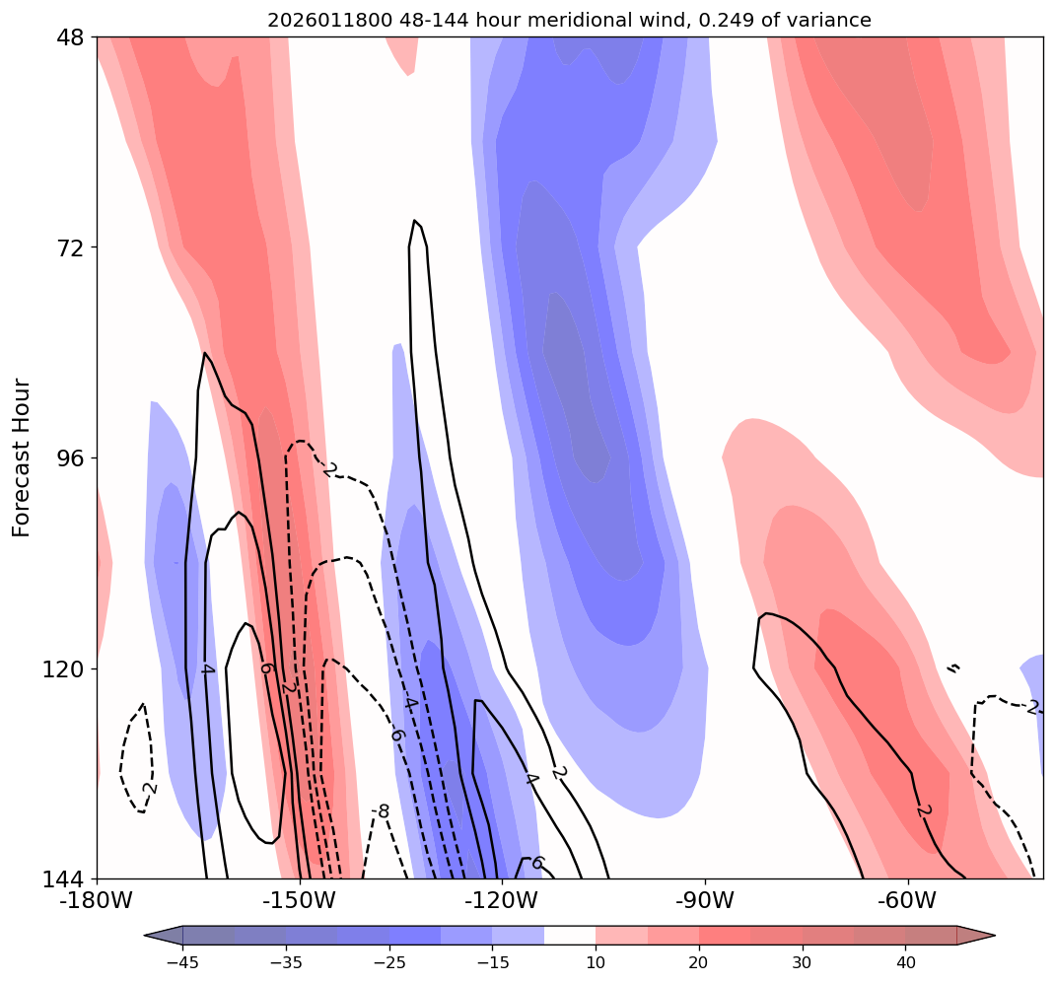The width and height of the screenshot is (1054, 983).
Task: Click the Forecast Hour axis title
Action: (22, 457)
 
